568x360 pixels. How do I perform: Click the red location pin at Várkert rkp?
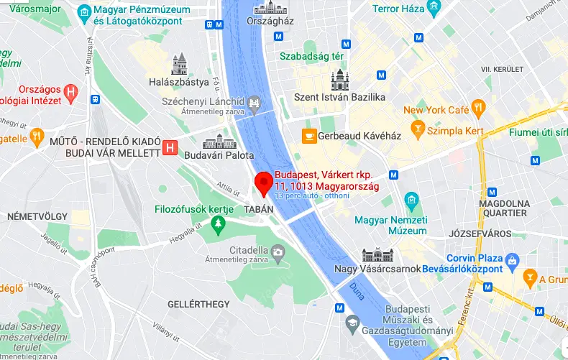(x=262, y=183)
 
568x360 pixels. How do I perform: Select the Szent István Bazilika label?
(x=340, y=97)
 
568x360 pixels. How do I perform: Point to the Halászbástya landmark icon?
(x=179, y=64)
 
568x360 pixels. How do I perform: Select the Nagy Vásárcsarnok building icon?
(x=377, y=255)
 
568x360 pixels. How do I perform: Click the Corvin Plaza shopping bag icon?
(x=512, y=259)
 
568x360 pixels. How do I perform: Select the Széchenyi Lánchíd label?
(x=203, y=101)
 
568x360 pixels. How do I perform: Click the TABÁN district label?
(x=260, y=209)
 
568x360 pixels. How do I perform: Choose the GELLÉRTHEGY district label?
(x=198, y=304)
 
